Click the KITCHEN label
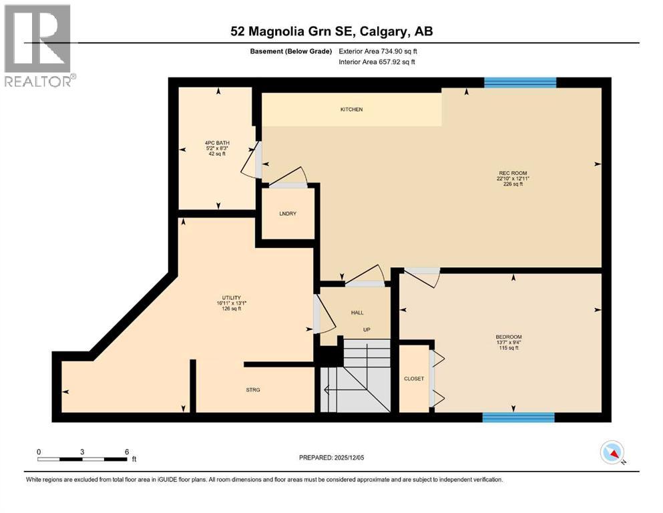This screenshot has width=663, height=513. tap(351, 110)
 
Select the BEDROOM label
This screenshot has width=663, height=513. tap(508, 337)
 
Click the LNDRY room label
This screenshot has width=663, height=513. tap(287, 214)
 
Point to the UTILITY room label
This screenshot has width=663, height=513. tap(231, 298)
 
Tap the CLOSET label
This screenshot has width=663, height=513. tap(414, 379)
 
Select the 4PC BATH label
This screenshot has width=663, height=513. tap(216, 142)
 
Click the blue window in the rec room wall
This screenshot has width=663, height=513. tap(519, 83)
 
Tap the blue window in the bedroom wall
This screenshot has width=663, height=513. tap(518, 417)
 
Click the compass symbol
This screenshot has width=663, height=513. tap(612, 453)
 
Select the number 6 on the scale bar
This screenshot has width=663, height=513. tap(126, 452)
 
